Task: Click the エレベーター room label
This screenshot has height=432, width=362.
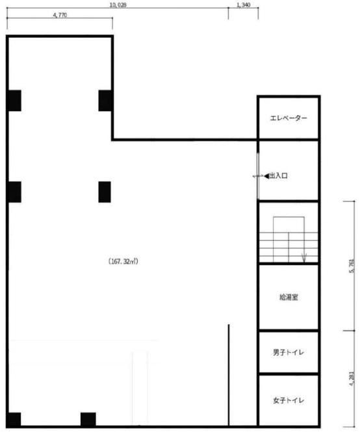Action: (x=289, y=118)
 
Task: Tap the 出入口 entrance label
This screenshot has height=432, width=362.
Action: (x=278, y=176)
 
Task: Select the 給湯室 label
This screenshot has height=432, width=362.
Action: (x=289, y=298)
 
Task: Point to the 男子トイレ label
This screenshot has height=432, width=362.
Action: (x=289, y=352)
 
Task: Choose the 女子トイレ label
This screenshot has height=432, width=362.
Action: (x=289, y=400)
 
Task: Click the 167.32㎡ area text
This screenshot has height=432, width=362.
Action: (x=123, y=261)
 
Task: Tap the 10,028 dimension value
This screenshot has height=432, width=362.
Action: (x=118, y=5)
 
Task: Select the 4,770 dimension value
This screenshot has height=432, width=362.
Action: (x=60, y=15)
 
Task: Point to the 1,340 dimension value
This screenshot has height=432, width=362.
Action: (x=244, y=5)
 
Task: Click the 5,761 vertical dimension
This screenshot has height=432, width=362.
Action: (x=352, y=266)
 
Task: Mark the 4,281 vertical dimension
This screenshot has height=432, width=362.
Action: (x=352, y=379)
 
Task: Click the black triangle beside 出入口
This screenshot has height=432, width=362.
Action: (x=266, y=176)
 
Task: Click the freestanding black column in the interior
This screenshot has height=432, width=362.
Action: (x=105, y=192)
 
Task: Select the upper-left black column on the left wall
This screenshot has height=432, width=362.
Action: (x=14, y=101)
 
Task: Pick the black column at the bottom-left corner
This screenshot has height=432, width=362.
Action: (x=14, y=419)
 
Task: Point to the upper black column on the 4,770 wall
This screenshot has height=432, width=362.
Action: (x=105, y=101)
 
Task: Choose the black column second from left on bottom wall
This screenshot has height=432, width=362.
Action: (x=88, y=419)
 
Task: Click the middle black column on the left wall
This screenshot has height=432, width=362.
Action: (x=14, y=192)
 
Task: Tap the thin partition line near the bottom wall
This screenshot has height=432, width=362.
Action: (x=229, y=375)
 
